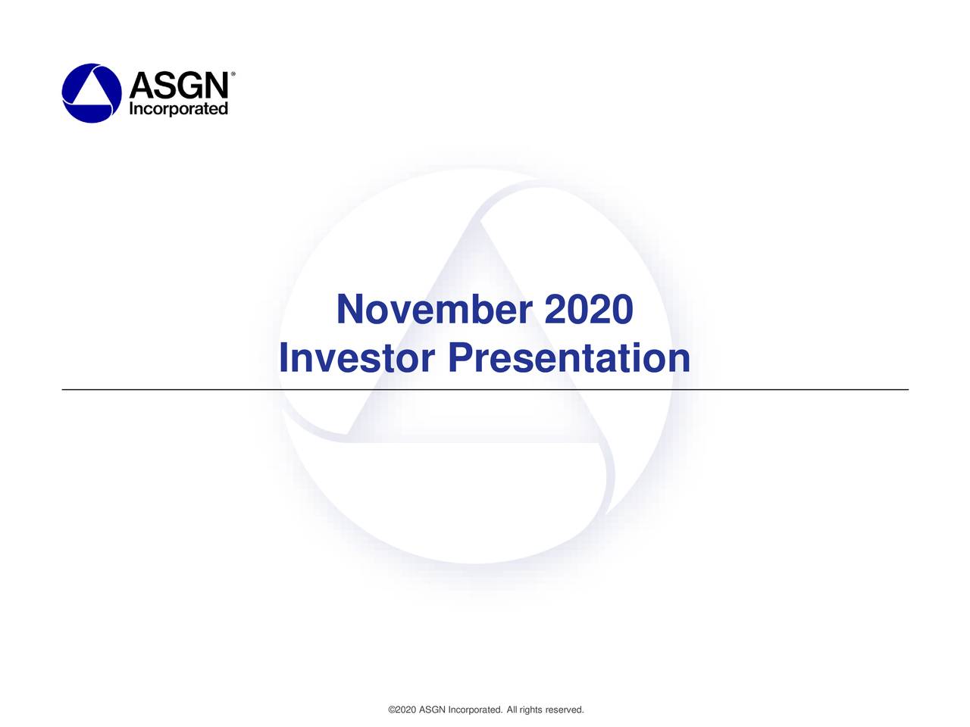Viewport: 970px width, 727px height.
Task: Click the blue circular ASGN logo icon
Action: pos(91,92)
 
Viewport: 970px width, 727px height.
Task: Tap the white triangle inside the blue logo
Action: pos(92,91)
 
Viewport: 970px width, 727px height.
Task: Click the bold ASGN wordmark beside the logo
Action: pos(178,85)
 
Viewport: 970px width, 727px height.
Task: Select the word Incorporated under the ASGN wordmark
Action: pos(178,109)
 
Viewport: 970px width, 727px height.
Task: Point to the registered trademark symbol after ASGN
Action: pos(232,74)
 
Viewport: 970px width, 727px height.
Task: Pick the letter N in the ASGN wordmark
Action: pos(214,85)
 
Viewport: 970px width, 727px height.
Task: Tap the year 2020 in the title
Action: pos(588,310)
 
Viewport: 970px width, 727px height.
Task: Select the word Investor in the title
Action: pos(356,358)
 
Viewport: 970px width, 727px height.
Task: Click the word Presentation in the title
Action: pos(568,358)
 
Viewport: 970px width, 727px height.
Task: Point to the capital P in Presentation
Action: pos(460,358)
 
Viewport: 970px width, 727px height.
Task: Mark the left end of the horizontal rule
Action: pos(63,389)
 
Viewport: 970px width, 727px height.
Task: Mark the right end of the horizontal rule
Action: pos(907,389)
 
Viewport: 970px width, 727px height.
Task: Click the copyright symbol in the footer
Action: pos(391,710)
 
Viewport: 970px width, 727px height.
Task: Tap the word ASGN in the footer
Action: pos(432,710)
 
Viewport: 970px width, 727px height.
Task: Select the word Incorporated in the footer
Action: pos(475,710)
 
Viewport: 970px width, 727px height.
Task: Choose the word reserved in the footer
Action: pos(565,710)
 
